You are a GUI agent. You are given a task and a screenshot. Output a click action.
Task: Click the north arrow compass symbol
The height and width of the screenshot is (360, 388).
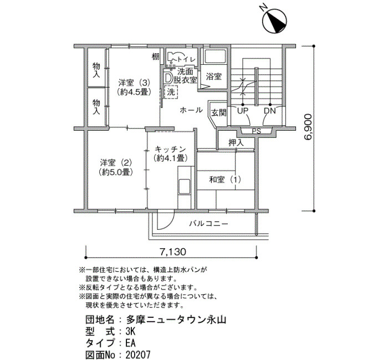(274, 21)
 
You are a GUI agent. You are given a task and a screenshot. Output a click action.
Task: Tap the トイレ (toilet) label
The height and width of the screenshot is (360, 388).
(186, 59)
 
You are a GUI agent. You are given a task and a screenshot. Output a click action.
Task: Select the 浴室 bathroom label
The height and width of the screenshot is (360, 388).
(214, 76)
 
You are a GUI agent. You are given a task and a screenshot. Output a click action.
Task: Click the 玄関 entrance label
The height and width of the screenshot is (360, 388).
(219, 113)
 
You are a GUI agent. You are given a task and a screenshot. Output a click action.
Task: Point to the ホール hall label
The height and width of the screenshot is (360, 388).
(191, 110)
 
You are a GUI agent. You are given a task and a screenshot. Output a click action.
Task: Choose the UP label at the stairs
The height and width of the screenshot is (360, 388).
(243, 111)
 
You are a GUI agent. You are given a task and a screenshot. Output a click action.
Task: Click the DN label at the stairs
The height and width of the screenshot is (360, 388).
(270, 111)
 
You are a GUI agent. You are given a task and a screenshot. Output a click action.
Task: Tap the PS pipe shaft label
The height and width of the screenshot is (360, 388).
(257, 131)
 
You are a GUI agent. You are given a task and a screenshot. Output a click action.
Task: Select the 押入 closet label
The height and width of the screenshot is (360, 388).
(236, 142)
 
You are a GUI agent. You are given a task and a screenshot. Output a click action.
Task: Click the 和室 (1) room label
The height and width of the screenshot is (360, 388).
(225, 179)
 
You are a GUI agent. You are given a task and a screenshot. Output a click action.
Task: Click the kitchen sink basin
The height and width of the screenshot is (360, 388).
(185, 186)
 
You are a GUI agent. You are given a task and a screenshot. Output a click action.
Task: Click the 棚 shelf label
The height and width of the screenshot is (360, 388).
(155, 57)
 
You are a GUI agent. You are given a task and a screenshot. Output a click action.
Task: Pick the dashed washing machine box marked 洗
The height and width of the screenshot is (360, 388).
(171, 92)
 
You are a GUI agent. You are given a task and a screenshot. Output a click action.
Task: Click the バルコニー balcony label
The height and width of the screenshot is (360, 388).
(208, 224)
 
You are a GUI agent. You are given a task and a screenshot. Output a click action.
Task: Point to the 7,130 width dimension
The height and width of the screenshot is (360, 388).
(172, 251)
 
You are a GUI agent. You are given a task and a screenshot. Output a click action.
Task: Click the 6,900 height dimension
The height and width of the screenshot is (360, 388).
(308, 127)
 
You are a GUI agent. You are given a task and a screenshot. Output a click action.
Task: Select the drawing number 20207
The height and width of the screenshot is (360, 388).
(138, 355)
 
